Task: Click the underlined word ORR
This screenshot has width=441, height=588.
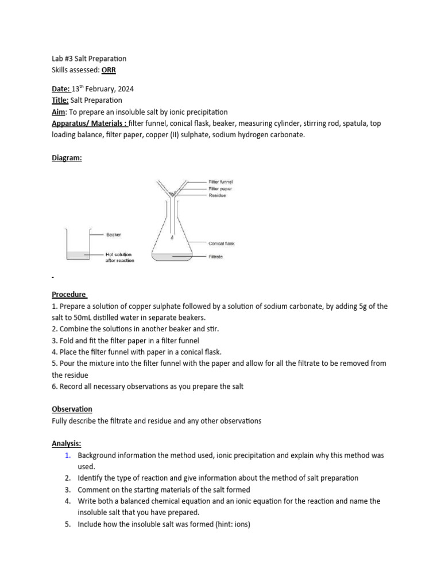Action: pos(109,70)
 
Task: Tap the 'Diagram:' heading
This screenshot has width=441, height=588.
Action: pos(67,158)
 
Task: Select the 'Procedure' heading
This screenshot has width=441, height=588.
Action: pos(69,294)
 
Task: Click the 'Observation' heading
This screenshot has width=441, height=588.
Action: pos(72,409)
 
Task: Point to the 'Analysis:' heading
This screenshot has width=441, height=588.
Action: pos(67,443)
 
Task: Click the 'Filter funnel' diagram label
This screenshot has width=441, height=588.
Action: pos(220,181)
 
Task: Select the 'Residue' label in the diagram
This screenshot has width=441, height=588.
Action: pos(217,195)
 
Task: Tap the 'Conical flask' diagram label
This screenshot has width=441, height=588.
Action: pos(221,243)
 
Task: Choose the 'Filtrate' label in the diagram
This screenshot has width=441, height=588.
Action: pos(215,257)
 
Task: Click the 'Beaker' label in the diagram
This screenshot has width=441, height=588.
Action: pos(113,234)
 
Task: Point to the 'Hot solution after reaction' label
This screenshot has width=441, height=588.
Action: pos(119,257)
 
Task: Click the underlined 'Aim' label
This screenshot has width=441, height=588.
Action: pos(59,112)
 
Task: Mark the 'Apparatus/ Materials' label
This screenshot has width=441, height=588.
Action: pos(88,123)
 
